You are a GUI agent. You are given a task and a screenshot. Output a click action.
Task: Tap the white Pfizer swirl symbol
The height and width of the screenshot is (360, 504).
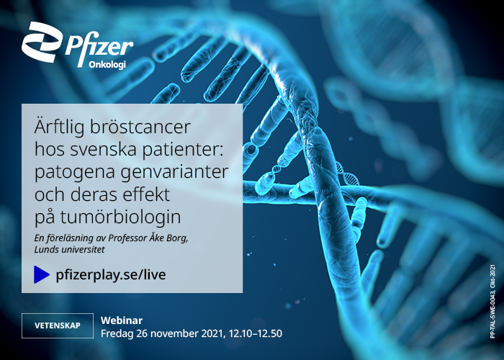42,42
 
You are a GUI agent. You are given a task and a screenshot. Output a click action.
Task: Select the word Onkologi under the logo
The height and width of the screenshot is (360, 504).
107,65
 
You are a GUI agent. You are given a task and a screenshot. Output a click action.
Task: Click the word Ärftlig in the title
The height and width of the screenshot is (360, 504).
59,127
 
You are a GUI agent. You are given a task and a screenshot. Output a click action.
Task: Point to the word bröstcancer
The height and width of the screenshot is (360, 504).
140,127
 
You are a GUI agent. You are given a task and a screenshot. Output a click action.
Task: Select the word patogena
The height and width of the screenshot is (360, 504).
75,173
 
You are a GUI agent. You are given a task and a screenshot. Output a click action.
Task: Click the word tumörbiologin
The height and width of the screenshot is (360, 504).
120,217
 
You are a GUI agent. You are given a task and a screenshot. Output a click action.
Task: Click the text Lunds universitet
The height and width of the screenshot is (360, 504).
69,249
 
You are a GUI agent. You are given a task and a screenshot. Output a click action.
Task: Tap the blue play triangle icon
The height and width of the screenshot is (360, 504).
42,274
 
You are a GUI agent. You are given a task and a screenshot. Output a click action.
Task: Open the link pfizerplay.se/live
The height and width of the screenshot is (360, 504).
111,275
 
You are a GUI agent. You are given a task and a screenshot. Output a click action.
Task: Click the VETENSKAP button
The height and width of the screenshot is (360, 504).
58,325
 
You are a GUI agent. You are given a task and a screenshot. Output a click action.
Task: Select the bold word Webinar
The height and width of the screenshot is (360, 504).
122,320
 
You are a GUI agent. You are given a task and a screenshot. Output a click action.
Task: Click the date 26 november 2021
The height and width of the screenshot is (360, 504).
179,333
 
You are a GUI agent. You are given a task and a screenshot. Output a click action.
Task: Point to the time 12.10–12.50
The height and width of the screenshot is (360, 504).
256,333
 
